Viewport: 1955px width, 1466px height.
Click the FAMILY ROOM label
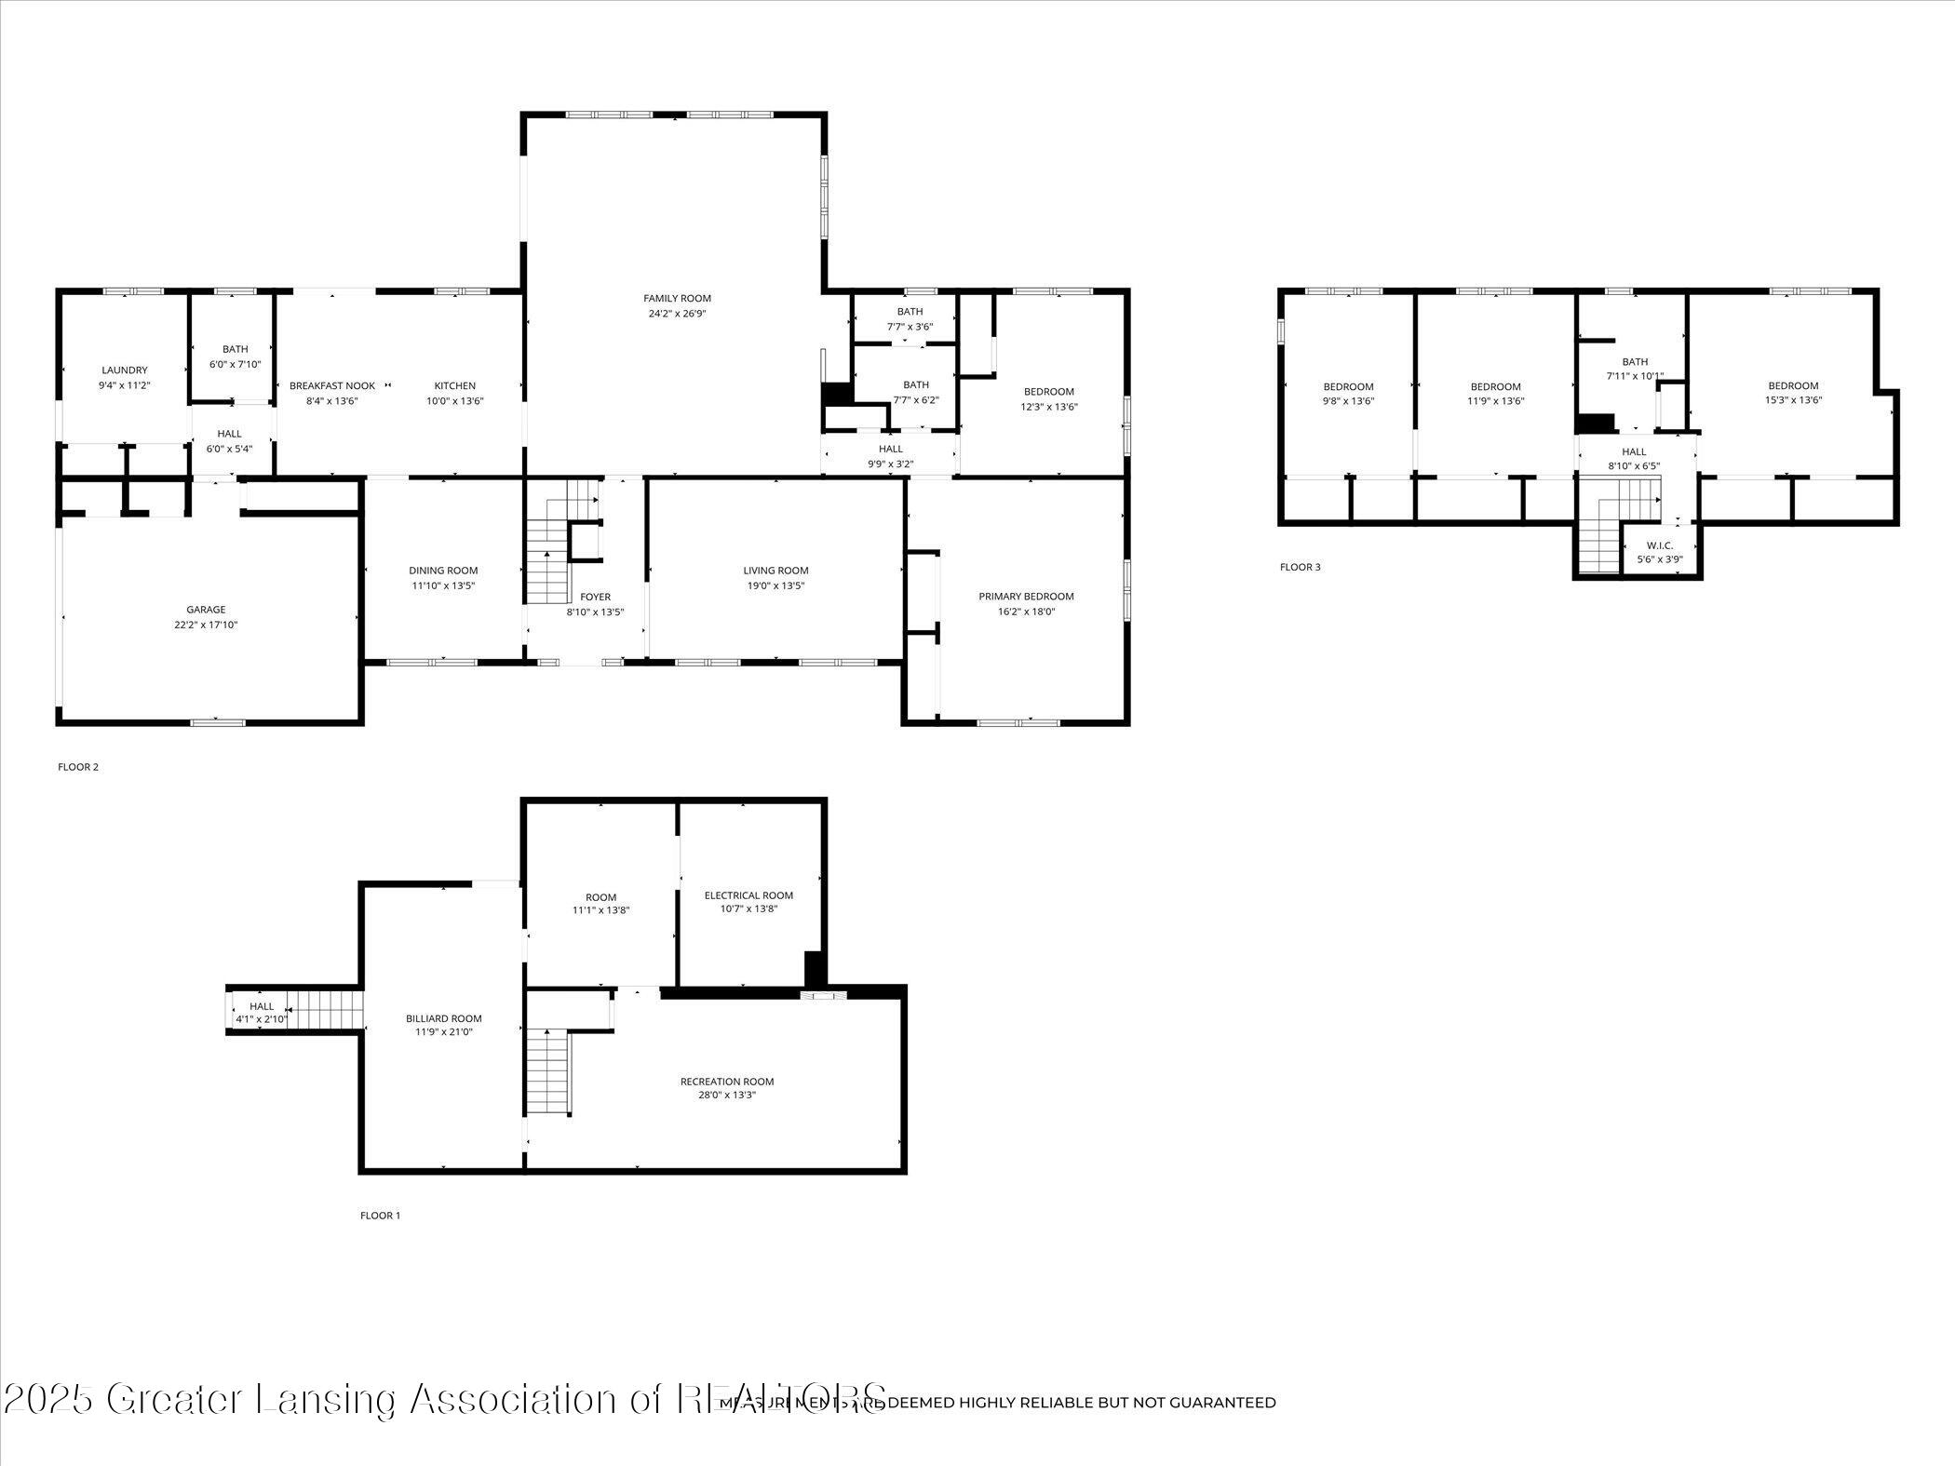tap(677, 298)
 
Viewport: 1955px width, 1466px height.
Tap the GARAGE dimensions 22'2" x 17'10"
tap(206, 625)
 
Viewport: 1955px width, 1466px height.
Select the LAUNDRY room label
tap(125, 370)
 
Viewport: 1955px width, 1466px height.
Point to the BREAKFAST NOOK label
tap(332, 386)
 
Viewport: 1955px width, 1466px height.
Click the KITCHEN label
tap(455, 386)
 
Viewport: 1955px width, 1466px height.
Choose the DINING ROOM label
tap(443, 571)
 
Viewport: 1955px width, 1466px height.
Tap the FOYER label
tap(596, 597)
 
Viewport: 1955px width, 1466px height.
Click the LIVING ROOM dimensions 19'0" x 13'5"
tap(775, 586)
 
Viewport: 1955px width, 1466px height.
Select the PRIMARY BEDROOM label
tap(1026, 597)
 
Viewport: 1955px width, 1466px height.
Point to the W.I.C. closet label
tap(1660, 545)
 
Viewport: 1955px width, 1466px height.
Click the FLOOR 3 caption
tap(1300, 567)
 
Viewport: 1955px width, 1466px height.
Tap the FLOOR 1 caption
tap(380, 1216)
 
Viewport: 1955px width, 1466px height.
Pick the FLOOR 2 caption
tap(78, 767)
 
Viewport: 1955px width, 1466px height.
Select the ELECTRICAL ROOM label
tap(748, 895)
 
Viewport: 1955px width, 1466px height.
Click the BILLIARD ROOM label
tap(444, 1018)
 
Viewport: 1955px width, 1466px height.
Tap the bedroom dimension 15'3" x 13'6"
tap(1793, 400)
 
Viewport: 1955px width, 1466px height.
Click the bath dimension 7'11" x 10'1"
tap(1635, 377)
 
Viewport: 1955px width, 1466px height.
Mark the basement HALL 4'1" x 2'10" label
tap(262, 1006)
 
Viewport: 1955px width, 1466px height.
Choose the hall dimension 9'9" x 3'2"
tap(890, 464)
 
